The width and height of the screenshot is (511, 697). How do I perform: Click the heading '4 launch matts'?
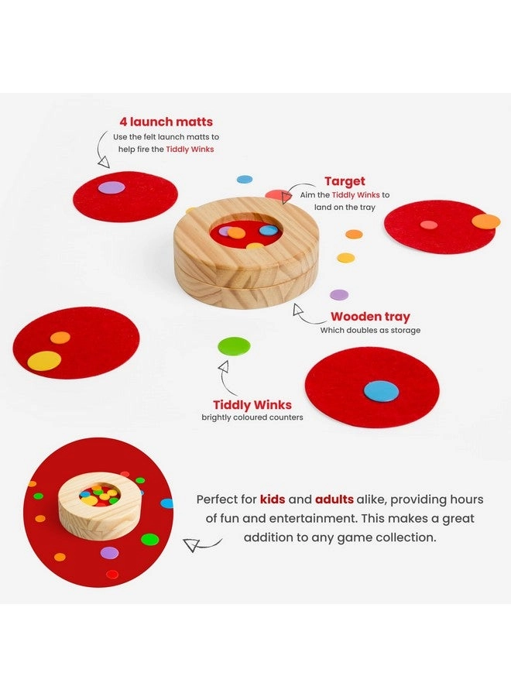pyautogui.click(x=166, y=122)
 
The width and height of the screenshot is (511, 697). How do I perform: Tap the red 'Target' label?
pyautogui.click(x=345, y=180)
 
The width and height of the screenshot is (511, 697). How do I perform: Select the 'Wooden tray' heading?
pyautogui.click(x=370, y=316)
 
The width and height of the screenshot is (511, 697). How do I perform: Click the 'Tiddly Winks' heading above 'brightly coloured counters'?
pyautogui.click(x=252, y=404)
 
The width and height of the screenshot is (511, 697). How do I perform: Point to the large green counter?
pyautogui.click(x=234, y=346)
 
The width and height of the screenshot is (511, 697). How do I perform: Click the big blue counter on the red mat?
pyautogui.click(x=381, y=391)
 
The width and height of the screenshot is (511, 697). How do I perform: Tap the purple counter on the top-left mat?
pyautogui.click(x=111, y=187)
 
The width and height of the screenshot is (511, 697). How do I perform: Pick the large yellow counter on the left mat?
pyautogui.click(x=44, y=360)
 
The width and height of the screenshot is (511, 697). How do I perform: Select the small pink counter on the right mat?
pyautogui.click(x=428, y=225)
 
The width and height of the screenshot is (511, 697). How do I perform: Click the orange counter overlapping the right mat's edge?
pyautogui.click(x=486, y=221)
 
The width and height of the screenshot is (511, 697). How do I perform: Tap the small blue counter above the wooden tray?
pyautogui.click(x=245, y=179)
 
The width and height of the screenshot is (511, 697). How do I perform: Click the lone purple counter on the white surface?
pyautogui.click(x=339, y=294)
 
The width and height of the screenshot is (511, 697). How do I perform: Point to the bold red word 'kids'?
pyautogui.click(x=273, y=500)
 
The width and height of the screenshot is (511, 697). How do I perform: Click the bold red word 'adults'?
pyautogui.click(x=335, y=500)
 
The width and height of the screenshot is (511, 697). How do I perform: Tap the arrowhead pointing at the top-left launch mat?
pyautogui.click(x=103, y=162)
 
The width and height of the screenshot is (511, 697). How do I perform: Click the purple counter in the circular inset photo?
pyautogui.click(x=110, y=552)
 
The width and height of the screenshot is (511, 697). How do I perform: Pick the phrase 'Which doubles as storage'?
pyautogui.click(x=370, y=330)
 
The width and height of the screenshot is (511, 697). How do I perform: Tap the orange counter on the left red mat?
pyautogui.click(x=60, y=337)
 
